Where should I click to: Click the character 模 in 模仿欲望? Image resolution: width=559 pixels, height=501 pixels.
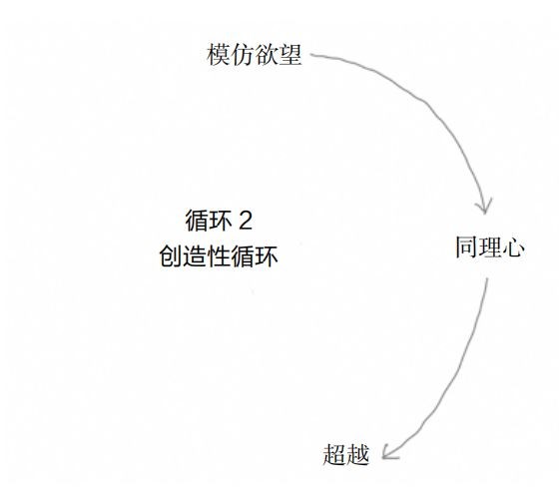click(x=219, y=55)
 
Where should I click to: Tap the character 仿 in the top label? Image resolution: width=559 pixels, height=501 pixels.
click(x=243, y=55)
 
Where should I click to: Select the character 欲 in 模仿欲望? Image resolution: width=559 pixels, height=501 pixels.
click(x=267, y=55)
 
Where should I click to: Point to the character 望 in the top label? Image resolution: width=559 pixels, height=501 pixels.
click(x=290, y=55)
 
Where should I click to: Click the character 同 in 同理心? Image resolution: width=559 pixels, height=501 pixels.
click(x=467, y=247)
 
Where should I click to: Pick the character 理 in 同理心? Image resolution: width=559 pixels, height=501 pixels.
click(x=490, y=247)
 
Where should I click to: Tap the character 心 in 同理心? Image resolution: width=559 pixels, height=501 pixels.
click(x=513, y=247)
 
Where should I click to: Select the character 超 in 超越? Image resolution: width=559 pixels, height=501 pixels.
click(x=334, y=454)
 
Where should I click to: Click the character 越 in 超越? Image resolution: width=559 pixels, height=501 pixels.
click(x=357, y=454)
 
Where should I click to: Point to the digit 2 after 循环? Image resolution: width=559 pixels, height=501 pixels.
click(x=246, y=221)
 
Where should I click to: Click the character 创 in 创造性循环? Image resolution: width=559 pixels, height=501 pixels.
click(x=171, y=256)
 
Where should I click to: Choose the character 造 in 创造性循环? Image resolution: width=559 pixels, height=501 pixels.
click(x=195, y=256)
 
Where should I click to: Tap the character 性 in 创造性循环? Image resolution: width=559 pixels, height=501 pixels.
click(x=219, y=256)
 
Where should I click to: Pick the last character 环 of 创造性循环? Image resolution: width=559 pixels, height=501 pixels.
click(x=267, y=256)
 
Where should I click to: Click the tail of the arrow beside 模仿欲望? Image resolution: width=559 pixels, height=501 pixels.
click(x=310, y=55)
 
